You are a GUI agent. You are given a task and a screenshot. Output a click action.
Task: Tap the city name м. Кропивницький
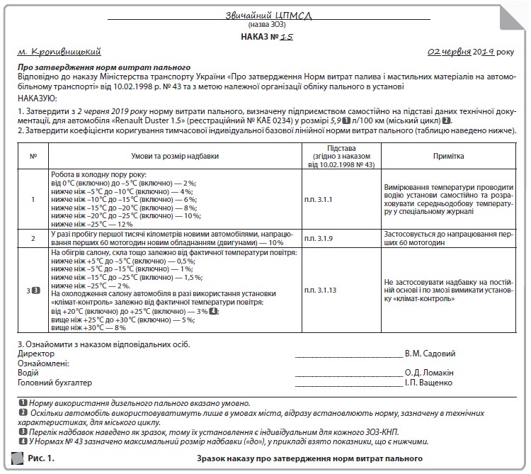(x=62, y=52)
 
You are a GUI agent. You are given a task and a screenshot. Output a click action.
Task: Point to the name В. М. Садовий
(x=430, y=354)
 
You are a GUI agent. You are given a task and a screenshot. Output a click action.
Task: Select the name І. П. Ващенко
(x=429, y=383)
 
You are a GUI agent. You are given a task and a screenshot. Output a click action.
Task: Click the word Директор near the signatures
(x=35, y=354)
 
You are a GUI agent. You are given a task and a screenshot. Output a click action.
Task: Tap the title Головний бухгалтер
(x=55, y=383)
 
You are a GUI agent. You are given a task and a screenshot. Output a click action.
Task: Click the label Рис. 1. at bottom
(x=40, y=459)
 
